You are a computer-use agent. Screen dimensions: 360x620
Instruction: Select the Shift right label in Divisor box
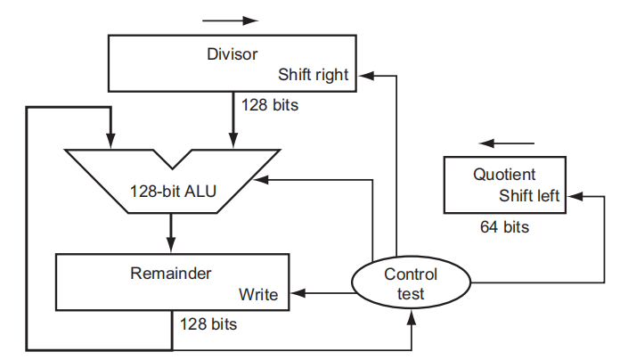(314, 75)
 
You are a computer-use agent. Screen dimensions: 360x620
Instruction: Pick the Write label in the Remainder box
(258, 294)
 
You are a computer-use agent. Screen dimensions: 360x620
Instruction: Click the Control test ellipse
(411, 283)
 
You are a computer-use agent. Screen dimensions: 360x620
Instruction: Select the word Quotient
(504, 174)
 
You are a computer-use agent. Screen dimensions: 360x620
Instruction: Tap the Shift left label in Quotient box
(529, 196)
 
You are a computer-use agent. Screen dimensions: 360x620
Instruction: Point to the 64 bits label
(504, 227)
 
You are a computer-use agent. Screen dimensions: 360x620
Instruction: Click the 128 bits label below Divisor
(270, 104)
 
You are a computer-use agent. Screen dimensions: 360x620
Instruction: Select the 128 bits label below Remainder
(208, 324)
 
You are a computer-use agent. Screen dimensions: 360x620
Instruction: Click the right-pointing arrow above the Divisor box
(231, 19)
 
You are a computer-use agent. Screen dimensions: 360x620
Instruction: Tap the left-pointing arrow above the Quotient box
(507, 143)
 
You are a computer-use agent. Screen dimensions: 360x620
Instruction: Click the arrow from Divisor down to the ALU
(233, 119)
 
